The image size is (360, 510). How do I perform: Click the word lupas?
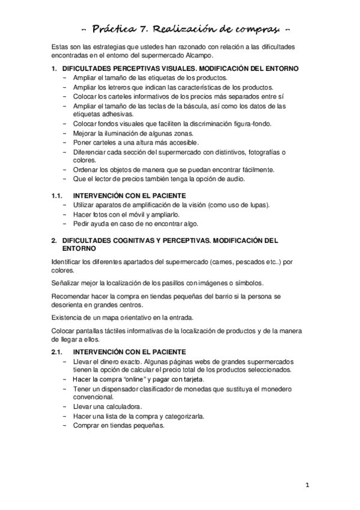click(x=257, y=205)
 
